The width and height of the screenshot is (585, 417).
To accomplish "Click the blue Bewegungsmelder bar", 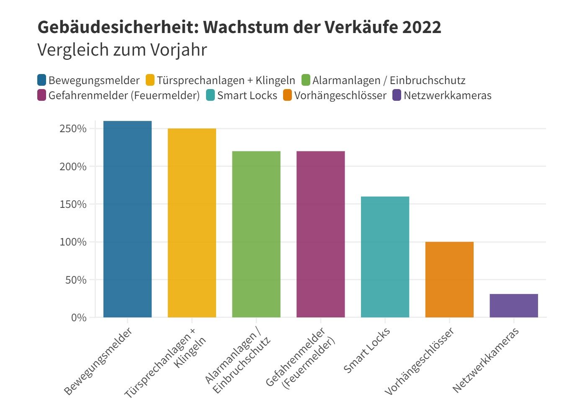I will [x=127, y=219].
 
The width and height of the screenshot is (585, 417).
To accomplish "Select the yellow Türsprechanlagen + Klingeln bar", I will [x=192, y=223].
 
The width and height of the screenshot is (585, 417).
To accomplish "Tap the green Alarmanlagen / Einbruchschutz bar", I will [x=256, y=234].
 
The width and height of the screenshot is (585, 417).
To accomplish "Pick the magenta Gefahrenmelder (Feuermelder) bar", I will [x=320, y=234].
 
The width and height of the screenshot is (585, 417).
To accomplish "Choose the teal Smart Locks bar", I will [x=385, y=257].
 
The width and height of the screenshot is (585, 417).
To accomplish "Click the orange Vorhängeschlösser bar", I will [x=449, y=279].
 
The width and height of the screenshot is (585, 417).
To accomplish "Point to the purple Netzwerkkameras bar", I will [x=513, y=306].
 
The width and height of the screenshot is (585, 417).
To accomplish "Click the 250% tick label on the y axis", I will [x=73, y=129].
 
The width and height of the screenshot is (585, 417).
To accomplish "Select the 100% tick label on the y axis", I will [x=73, y=242].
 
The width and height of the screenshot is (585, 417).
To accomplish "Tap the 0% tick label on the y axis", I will [x=78, y=318].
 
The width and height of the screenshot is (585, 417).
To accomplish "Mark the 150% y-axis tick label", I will [x=73, y=205].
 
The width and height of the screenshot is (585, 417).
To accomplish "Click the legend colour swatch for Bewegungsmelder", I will [x=42, y=80].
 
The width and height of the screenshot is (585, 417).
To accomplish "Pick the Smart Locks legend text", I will [x=247, y=96].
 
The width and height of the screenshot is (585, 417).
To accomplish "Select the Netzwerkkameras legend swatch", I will [x=397, y=95].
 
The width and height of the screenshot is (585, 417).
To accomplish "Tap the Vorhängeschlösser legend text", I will [x=340, y=96].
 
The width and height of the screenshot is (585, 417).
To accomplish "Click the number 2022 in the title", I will [x=422, y=28].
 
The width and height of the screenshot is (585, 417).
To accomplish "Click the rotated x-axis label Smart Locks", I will [x=367, y=350].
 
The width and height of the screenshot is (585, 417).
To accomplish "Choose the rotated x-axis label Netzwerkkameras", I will [x=486, y=360].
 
